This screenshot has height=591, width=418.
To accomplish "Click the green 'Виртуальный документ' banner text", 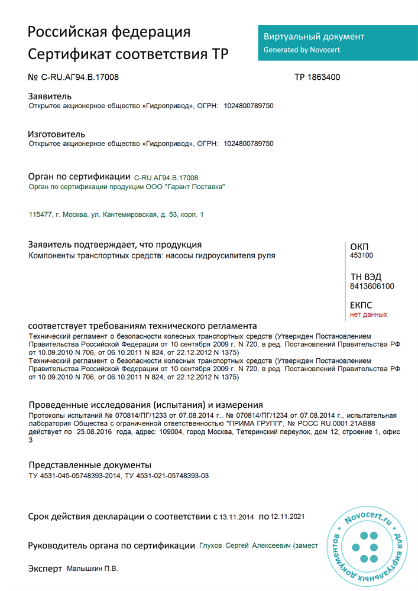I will [x=313, y=37].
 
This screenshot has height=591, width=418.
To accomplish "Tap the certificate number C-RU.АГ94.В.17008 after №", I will [x=84, y=77].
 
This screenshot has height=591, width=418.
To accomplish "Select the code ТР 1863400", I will [x=317, y=77].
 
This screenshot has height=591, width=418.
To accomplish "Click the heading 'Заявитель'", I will [x=50, y=96].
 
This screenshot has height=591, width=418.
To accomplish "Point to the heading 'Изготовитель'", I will [x=57, y=134].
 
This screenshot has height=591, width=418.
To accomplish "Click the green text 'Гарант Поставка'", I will [x=195, y=187].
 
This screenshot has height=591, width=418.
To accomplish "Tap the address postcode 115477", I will [x=40, y=215].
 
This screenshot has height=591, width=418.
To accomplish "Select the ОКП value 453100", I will [x=362, y=255].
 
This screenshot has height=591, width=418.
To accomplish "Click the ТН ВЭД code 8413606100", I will [x=372, y=287].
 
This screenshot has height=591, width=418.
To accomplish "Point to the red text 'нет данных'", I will [x=368, y=314].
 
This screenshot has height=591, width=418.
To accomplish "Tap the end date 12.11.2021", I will [x=287, y=517].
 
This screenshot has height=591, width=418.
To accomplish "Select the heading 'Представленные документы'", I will [x=90, y=465].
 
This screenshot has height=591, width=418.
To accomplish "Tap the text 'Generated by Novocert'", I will [x=302, y=50].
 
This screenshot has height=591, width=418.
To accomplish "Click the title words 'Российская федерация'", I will [x=109, y=32].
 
